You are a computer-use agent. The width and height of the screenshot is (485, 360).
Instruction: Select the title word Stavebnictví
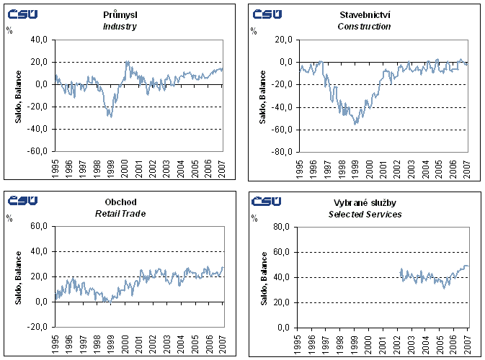pyautogui.click(x=364, y=15)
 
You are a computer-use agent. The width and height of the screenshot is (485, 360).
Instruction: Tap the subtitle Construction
pyautogui.click(x=364, y=27)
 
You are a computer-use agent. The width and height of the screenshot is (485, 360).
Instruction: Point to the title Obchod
pyautogui.click(x=120, y=202)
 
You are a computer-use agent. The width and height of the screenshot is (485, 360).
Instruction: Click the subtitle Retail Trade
pyautogui.click(x=120, y=214)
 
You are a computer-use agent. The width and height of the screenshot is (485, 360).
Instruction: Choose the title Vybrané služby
pyautogui.click(x=365, y=203)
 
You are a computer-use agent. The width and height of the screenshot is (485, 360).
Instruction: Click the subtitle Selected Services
pyautogui.click(x=365, y=215)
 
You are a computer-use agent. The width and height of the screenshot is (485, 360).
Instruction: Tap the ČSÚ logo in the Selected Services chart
pyautogui.click(x=267, y=201)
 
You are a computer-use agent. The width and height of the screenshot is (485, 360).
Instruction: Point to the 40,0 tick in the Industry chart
pyautogui.click(x=40, y=40)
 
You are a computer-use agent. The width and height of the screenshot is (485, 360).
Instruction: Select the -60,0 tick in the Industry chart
pyautogui.click(x=38, y=152)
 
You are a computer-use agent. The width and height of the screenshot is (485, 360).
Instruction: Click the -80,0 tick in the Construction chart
pyautogui.click(x=282, y=152)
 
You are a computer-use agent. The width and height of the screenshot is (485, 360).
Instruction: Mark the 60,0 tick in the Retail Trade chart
pyautogui.click(x=40, y=227)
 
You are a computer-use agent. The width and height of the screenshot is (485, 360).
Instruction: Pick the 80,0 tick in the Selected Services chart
pyautogui.click(x=284, y=228)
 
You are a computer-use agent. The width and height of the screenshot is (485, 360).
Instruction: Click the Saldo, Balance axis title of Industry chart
pyautogui.click(x=18, y=96)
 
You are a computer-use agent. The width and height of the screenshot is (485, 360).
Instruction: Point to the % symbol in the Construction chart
pyautogui.click(x=253, y=30)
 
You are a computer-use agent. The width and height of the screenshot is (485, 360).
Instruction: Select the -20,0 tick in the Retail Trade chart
pyautogui.click(x=38, y=327)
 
